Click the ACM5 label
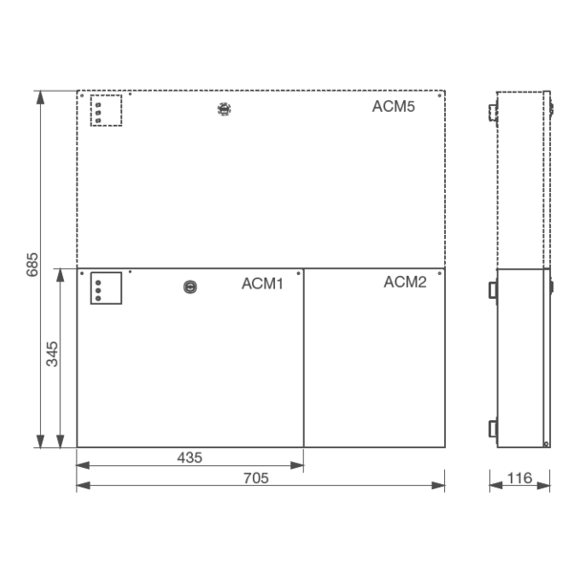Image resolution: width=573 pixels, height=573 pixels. [393, 106]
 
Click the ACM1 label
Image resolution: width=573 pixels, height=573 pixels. [262, 284]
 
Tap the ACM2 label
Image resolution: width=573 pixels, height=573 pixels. [405, 283]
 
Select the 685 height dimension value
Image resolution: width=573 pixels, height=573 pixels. [32, 265]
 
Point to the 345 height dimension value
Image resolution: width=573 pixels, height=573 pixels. [53, 353]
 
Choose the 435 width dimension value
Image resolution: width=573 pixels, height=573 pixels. [189, 457]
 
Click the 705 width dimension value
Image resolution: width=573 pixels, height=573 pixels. [256, 477]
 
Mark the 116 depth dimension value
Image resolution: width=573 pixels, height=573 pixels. [520, 477]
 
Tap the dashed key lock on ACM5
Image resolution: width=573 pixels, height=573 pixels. [223, 109]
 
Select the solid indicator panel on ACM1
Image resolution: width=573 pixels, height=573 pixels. [106, 287]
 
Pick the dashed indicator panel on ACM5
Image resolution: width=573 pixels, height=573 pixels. [106, 110]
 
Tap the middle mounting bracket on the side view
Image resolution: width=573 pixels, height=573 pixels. [493, 288]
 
